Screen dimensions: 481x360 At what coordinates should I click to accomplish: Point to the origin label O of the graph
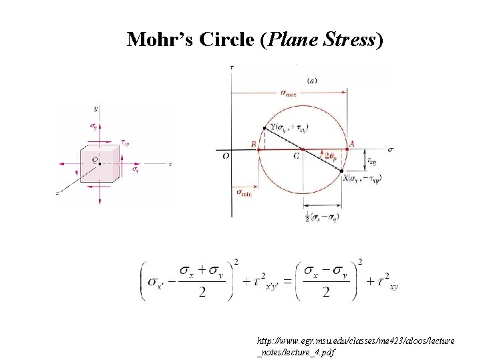point(225,157)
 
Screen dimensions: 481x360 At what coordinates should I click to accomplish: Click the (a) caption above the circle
point(312,81)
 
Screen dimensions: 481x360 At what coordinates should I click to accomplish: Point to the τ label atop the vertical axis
point(231,67)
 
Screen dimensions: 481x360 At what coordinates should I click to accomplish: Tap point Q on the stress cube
point(99,163)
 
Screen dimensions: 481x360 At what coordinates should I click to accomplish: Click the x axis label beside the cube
point(171,163)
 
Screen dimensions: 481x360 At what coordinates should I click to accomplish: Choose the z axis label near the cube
point(58,193)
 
